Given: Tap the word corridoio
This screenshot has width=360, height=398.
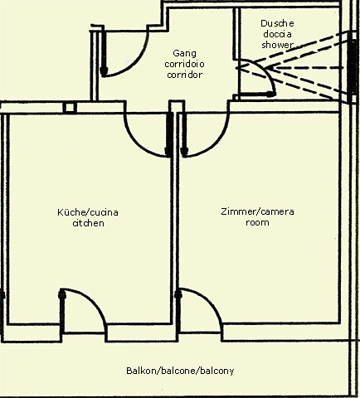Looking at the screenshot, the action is point(184,64).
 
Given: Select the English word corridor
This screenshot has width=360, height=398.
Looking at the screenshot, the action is point(184,75).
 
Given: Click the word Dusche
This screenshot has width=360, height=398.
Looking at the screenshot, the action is point(277,23).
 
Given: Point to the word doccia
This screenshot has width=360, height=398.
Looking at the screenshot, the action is point(277,34).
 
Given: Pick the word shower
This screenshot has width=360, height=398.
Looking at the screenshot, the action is point(277,45).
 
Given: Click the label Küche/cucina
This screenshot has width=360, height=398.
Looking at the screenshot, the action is point(88,212).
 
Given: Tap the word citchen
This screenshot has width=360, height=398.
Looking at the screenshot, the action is point(88,223).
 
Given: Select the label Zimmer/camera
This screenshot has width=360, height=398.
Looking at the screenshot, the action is point(257,211).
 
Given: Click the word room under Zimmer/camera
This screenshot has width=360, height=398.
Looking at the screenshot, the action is point(257,222).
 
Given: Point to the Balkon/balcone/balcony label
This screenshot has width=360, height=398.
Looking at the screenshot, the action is point(180,371).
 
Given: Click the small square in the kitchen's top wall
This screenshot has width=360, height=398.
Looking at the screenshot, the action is point(70,108).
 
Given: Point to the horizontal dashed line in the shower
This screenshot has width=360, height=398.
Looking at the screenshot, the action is point(305,68).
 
